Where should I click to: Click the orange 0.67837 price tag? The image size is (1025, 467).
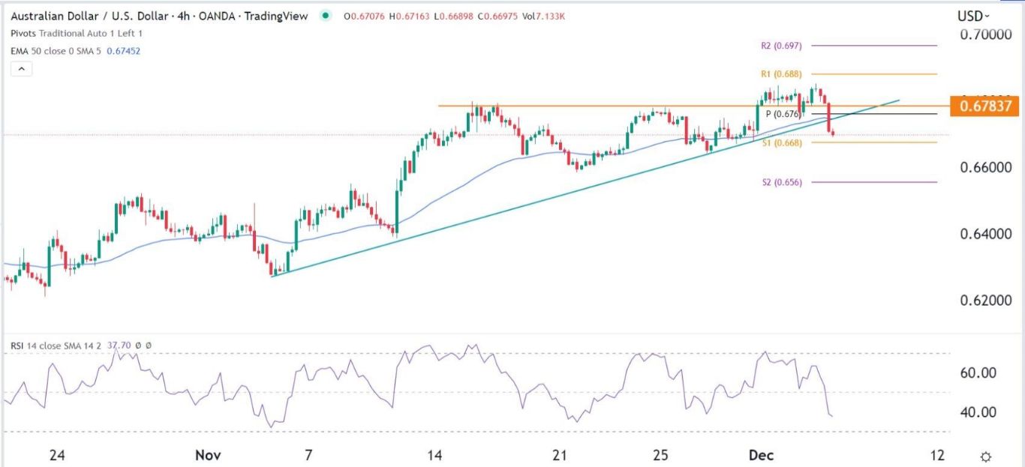pyautogui.click(x=984, y=106)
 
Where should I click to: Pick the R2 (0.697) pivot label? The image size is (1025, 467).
pyautogui.click(x=781, y=46)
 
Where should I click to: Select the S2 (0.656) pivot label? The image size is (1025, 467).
pyautogui.click(x=781, y=182)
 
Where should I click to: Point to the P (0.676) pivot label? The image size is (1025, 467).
pyautogui.click(x=783, y=114)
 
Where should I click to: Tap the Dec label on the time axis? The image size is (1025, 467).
pyautogui.click(x=762, y=455)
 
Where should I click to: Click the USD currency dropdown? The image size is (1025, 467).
pyautogui.click(x=972, y=16)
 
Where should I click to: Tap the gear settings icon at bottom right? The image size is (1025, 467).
pyautogui.click(x=986, y=456)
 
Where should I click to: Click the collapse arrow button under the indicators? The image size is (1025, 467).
pyautogui.click(x=22, y=69)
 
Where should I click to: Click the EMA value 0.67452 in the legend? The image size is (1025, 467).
pyautogui.click(x=125, y=51)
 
